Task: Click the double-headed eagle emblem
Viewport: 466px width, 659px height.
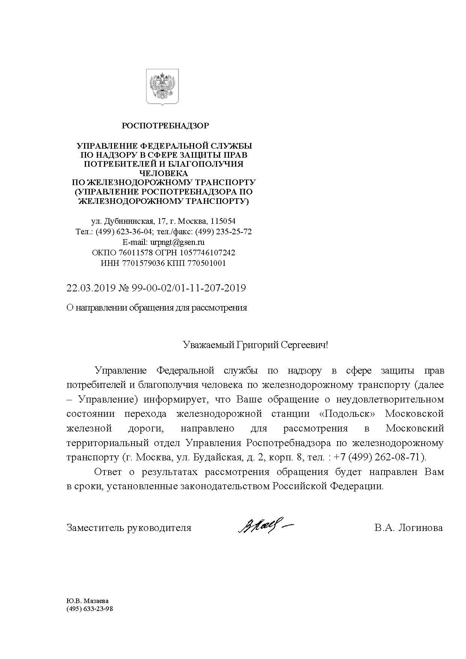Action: [x=162, y=86]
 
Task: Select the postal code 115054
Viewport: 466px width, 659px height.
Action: [x=223, y=221]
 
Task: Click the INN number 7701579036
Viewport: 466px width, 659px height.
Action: [x=143, y=263]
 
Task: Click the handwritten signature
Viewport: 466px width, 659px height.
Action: [x=265, y=526]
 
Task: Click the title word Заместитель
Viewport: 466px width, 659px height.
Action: [x=95, y=528]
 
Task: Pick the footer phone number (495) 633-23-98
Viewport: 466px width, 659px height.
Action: [x=89, y=609]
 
